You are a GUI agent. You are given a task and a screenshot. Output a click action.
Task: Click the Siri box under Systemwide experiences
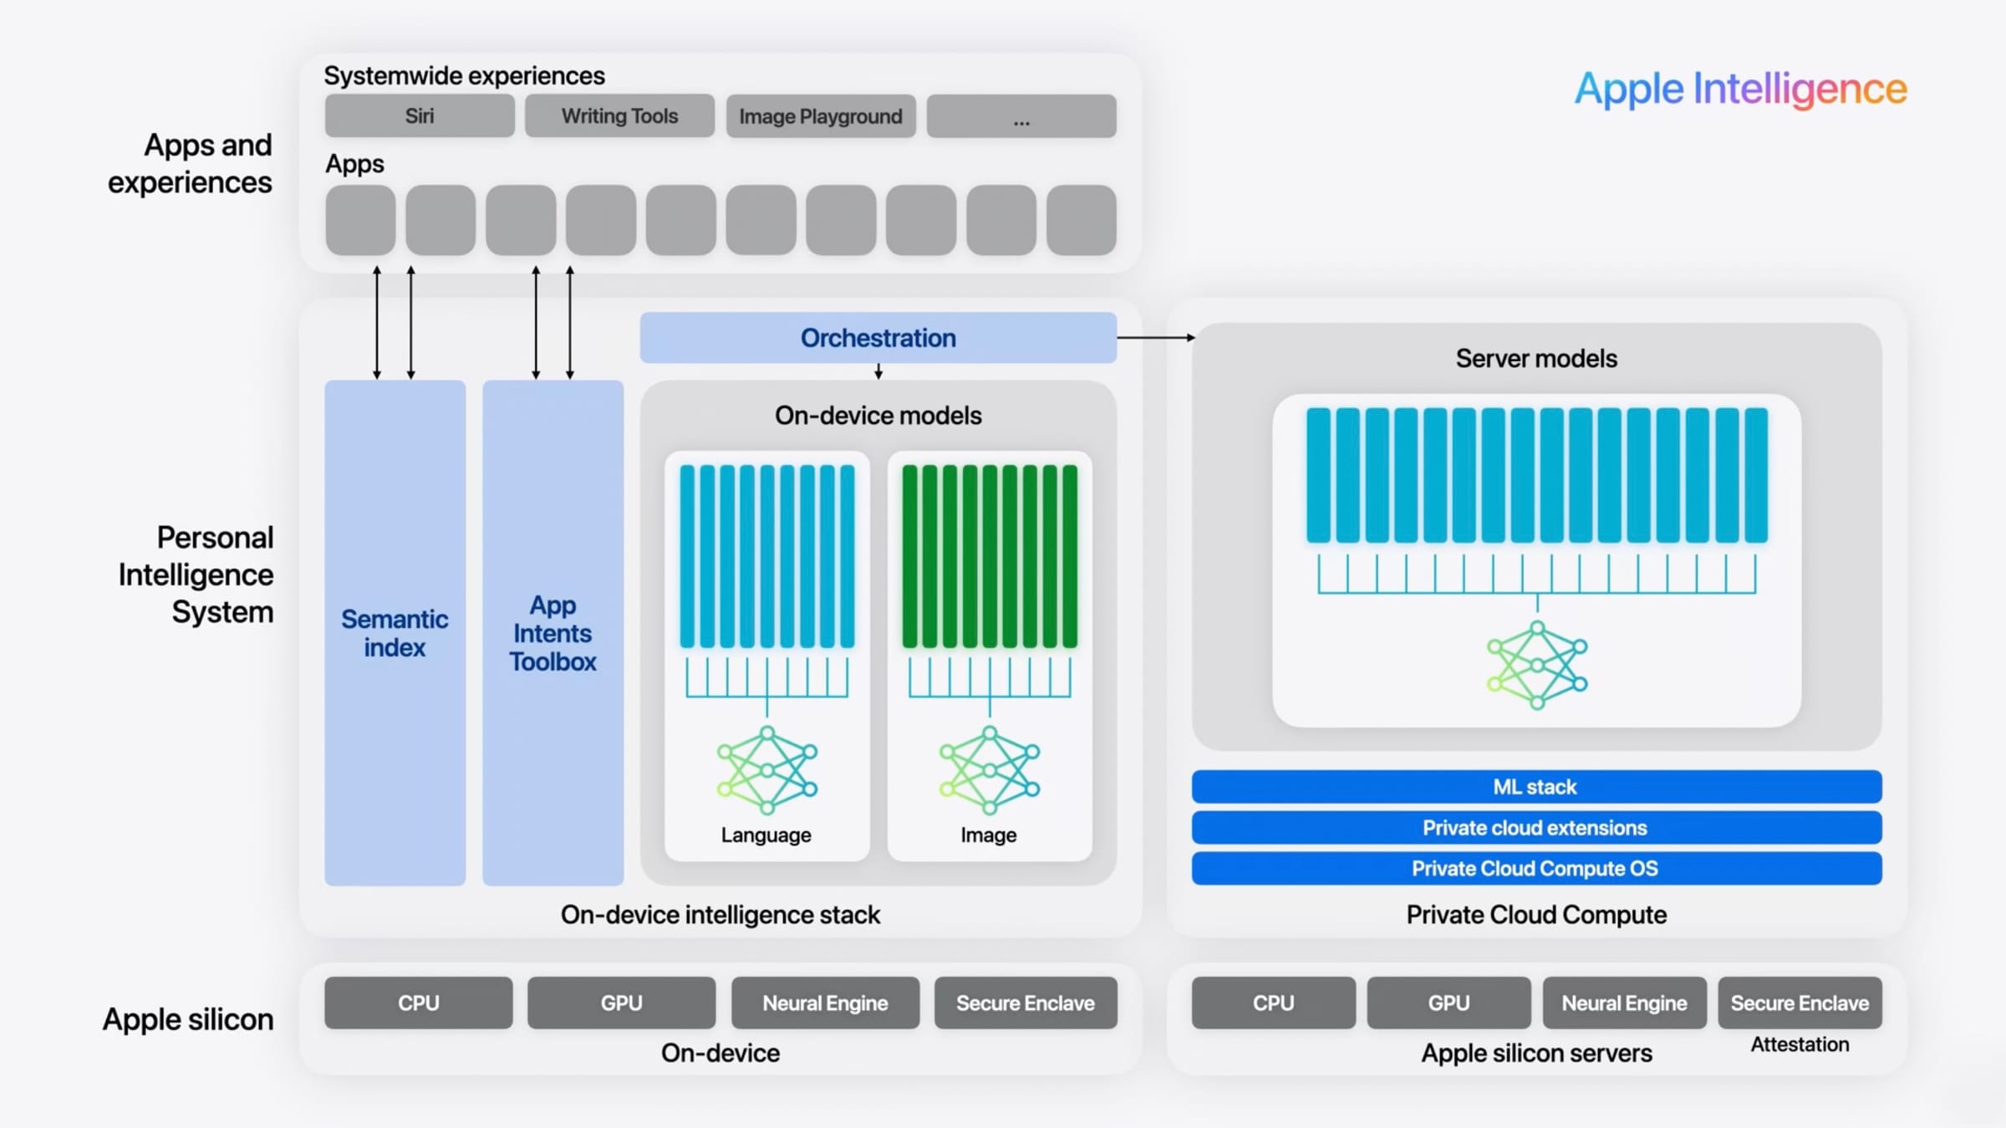[420, 116]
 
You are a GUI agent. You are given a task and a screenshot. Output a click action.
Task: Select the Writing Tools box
[619, 116]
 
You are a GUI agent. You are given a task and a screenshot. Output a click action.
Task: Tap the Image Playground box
[820, 116]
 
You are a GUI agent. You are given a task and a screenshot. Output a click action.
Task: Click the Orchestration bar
[878, 338]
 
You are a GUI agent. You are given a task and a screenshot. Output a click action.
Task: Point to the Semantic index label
[395, 633]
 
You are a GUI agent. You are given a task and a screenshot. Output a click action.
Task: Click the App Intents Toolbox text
[552, 633]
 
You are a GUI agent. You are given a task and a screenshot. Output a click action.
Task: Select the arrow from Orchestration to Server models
[1155, 338]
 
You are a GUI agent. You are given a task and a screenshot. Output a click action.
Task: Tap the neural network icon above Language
[766, 770]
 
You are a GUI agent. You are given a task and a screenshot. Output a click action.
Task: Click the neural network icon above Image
[989, 770]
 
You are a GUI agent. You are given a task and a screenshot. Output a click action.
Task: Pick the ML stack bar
[1535, 787]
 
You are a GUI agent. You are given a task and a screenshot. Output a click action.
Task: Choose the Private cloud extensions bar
[1535, 828]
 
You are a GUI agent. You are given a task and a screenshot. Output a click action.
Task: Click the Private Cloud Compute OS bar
[1535, 869]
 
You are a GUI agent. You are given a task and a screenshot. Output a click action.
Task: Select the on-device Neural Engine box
[825, 1003]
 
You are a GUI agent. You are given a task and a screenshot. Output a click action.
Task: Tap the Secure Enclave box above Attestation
[1800, 1003]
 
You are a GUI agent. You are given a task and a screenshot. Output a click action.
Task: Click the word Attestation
[1800, 1044]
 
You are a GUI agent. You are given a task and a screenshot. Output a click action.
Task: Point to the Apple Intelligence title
[1740, 89]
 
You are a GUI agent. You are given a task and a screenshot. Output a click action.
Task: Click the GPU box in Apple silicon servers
[1448, 1003]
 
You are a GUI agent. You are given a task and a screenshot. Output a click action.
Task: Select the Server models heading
[1536, 359]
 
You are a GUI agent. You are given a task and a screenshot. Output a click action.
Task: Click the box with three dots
[1021, 116]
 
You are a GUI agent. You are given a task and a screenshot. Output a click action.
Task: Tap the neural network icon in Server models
[1536, 666]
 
